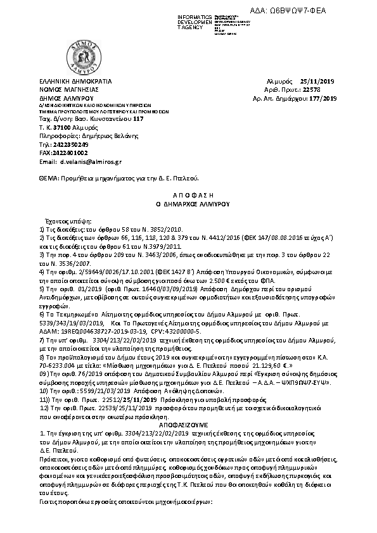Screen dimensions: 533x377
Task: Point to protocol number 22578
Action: (330, 91)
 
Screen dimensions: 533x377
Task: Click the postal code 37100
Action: (61, 127)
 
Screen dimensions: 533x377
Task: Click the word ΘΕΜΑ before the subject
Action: (48, 179)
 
